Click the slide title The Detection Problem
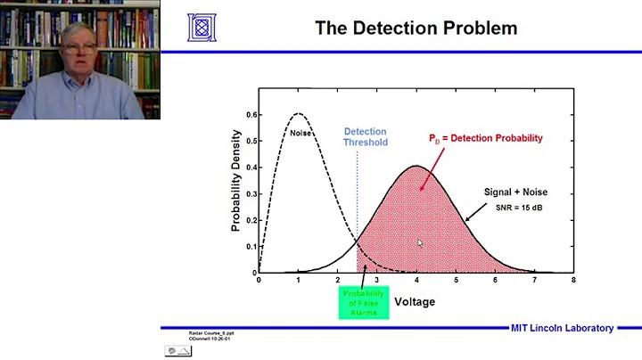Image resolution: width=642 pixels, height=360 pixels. pos(416,28)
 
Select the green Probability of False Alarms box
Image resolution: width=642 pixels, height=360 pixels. pos(363,301)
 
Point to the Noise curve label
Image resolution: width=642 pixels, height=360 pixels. pos(301,133)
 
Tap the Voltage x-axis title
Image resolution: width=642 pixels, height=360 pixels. pos(416,302)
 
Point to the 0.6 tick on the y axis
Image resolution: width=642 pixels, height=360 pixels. pos(251,115)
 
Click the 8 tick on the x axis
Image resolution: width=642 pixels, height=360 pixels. pos(573,280)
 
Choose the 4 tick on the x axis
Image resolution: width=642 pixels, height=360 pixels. pos(416,280)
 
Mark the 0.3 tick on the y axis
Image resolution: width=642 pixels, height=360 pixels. pos(251,193)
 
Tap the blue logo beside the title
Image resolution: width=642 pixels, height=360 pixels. pos(201,27)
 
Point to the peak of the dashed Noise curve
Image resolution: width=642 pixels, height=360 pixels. pos(298,114)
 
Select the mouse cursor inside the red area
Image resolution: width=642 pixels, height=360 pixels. pos(418,241)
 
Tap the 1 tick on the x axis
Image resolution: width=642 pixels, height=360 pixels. pos(298,280)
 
